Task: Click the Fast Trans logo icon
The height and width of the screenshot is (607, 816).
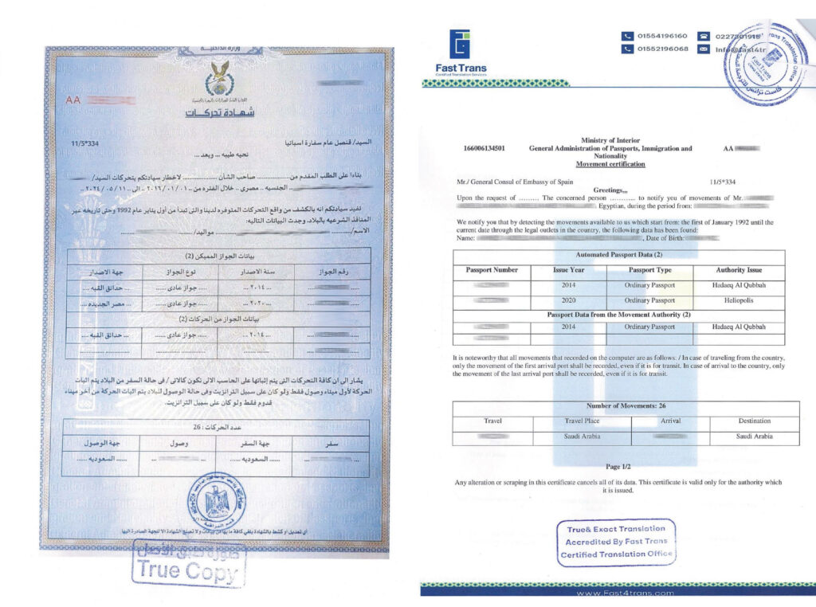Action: point(461,45)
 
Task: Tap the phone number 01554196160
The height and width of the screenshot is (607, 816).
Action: point(661,36)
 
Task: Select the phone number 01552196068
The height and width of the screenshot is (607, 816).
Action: point(661,49)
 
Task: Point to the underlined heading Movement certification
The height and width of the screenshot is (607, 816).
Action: point(610,164)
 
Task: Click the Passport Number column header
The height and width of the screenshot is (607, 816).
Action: point(492,270)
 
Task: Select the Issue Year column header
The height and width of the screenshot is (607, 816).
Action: point(569,270)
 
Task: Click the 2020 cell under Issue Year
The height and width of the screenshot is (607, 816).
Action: point(569,301)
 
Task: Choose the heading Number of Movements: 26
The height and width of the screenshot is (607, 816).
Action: point(618,406)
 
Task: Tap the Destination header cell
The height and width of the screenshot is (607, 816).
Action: point(753,421)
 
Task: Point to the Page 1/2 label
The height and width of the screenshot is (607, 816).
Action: point(618,466)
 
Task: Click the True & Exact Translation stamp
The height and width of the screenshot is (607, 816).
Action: point(617,542)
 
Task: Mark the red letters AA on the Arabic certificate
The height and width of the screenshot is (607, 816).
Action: point(73,100)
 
